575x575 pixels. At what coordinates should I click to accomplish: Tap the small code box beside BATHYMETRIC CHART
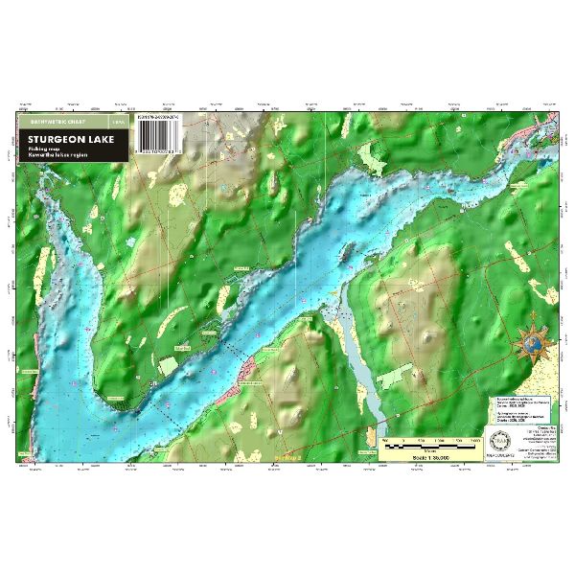tap(117, 123)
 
